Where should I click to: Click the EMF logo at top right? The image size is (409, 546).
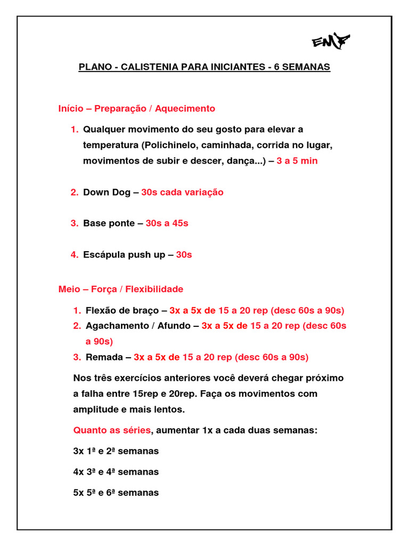click(331, 41)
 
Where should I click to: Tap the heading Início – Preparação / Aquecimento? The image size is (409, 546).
click(137, 109)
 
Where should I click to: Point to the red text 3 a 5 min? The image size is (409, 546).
click(297, 160)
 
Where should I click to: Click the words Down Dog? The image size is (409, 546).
click(107, 192)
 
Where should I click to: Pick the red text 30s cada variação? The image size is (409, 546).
click(182, 192)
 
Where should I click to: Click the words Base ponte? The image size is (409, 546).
click(109, 223)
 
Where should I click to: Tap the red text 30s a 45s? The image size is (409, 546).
click(167, 223)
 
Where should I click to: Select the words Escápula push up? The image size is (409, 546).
click(124, 255)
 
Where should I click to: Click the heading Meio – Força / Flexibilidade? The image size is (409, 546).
click(121, 290)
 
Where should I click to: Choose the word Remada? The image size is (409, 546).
click(103, 357)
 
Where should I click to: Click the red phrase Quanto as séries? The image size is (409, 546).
click(112, 430)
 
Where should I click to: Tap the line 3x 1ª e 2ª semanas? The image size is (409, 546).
click(116, 451)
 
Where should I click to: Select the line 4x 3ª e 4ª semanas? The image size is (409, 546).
click(116, 472)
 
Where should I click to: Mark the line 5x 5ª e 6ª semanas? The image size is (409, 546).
click(116, 493)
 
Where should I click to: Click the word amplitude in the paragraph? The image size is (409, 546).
click(93, 409)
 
